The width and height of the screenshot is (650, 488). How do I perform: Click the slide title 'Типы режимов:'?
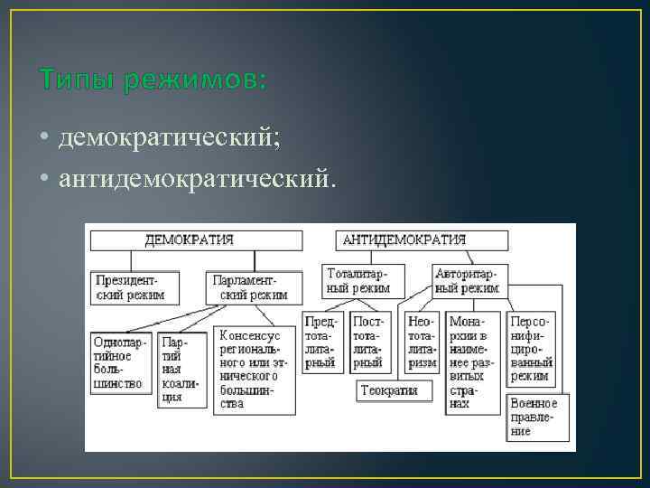tap(153, 81)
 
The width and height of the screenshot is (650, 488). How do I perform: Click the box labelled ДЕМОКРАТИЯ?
tap(195, 239)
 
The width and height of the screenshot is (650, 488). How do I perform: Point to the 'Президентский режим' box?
tap(134, 287)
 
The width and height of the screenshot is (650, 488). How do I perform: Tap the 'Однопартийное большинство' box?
tap(122, 362)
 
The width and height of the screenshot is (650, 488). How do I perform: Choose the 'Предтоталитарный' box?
tap(321, 343)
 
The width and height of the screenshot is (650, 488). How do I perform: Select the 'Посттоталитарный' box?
tap(369, 343)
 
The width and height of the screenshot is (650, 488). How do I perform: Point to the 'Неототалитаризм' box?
tap(422, 343)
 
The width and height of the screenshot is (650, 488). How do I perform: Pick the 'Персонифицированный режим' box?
tap(532, 349)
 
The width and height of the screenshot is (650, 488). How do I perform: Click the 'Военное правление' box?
tap(533, 417)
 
